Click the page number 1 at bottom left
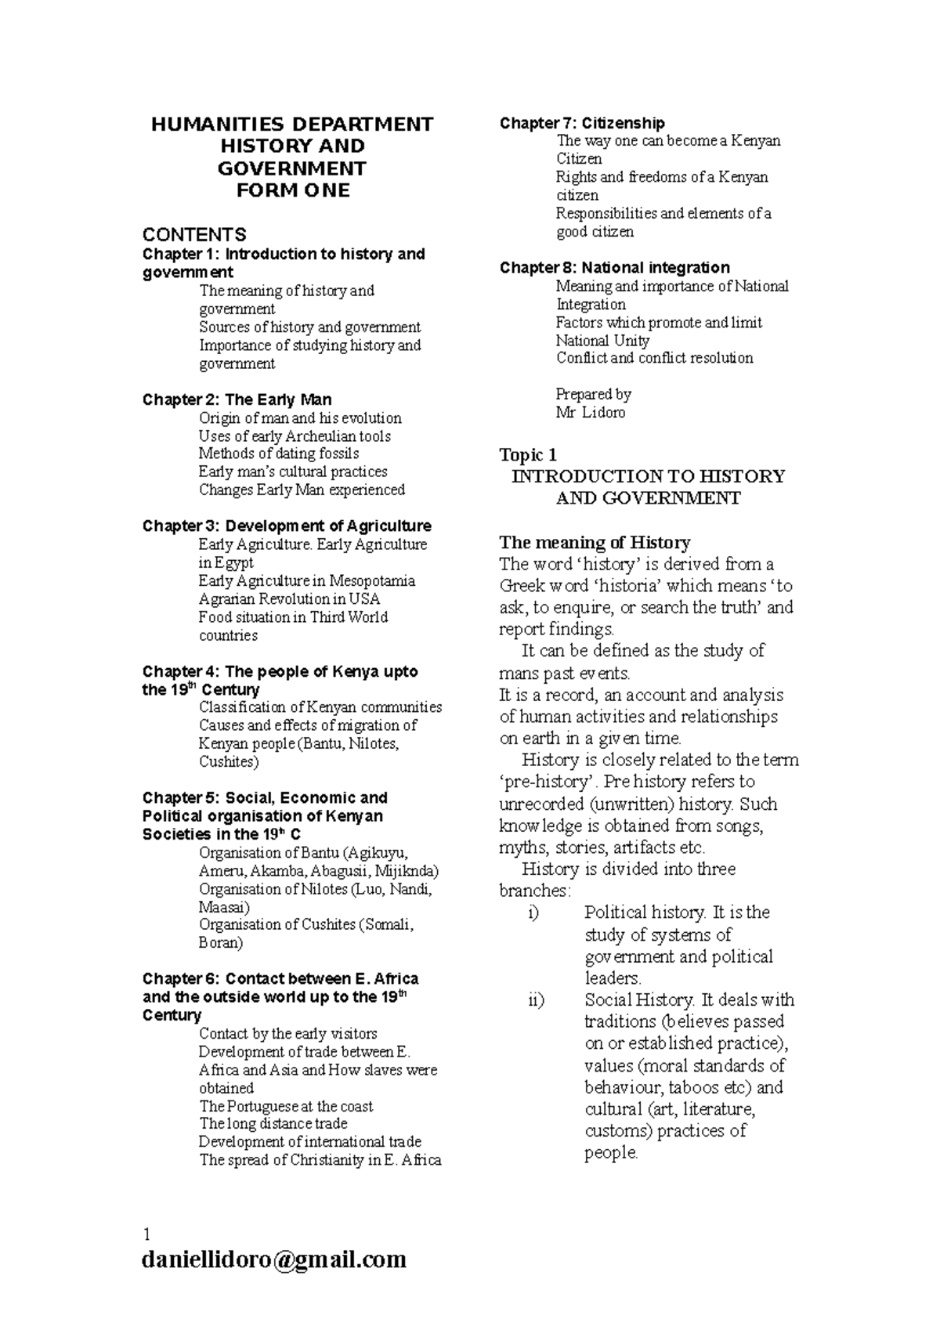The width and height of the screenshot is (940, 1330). point(146,1234)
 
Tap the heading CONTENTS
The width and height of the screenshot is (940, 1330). point(193,234)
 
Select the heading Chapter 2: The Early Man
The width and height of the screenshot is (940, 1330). point(237,399)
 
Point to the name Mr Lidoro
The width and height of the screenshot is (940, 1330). point(590,412)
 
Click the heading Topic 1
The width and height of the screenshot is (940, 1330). point(528,455)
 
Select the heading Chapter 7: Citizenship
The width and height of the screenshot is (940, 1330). point(582,123)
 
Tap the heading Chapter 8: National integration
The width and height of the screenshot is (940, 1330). point(614,267)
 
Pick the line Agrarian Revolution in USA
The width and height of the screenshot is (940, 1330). point(289,599)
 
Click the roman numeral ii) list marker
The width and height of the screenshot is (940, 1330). point(536,1000)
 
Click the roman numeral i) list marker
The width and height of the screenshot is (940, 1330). point(534,913)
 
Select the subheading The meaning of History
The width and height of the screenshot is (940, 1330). point(595,542)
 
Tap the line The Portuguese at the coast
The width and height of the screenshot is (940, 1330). point(286,1106)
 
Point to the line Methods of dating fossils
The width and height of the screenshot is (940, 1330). point(279,454)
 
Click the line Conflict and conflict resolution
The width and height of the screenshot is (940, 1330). point(654,358)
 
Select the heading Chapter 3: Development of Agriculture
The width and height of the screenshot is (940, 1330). point(287,526)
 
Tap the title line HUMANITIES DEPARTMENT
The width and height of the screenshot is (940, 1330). point(292,125)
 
